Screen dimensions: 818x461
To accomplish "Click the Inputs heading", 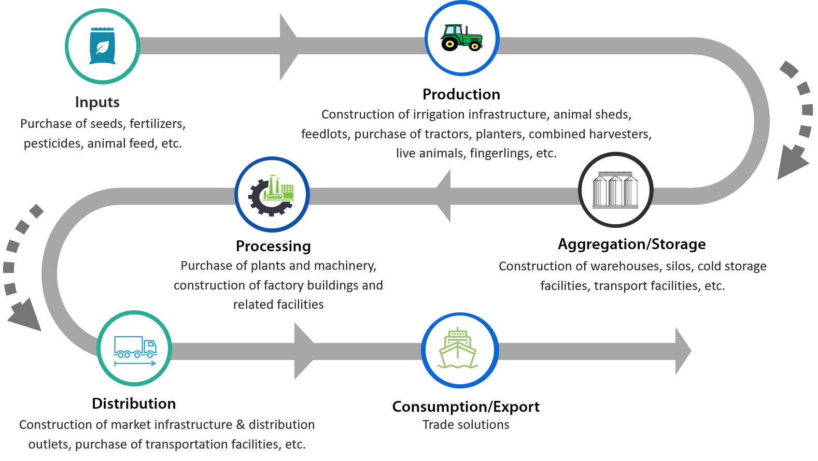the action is tap(97, 102).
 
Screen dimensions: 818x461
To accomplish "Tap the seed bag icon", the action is tap(102, 46).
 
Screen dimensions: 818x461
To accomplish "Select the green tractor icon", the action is tap(461, 37).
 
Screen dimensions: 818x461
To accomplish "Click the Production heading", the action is tap(461, 94).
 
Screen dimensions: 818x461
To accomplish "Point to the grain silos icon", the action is tap(615, 190).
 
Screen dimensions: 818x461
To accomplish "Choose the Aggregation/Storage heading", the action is tap(632, 244).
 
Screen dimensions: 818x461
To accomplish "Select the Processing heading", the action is tap(273, 246).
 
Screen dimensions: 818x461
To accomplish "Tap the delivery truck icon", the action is tap(135, 351).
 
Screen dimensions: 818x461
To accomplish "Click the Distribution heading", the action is tap(134, 404).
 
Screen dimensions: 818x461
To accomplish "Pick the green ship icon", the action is tap(458, 348).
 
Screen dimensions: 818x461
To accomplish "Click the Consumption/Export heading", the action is tap(466, 407).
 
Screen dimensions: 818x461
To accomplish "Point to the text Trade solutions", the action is tap(466, 425).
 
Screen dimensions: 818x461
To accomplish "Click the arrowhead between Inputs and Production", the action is tap(289, 46).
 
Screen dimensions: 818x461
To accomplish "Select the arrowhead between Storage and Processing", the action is tap(443, 195).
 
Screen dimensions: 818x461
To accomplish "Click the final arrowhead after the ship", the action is tap(683, 351).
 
